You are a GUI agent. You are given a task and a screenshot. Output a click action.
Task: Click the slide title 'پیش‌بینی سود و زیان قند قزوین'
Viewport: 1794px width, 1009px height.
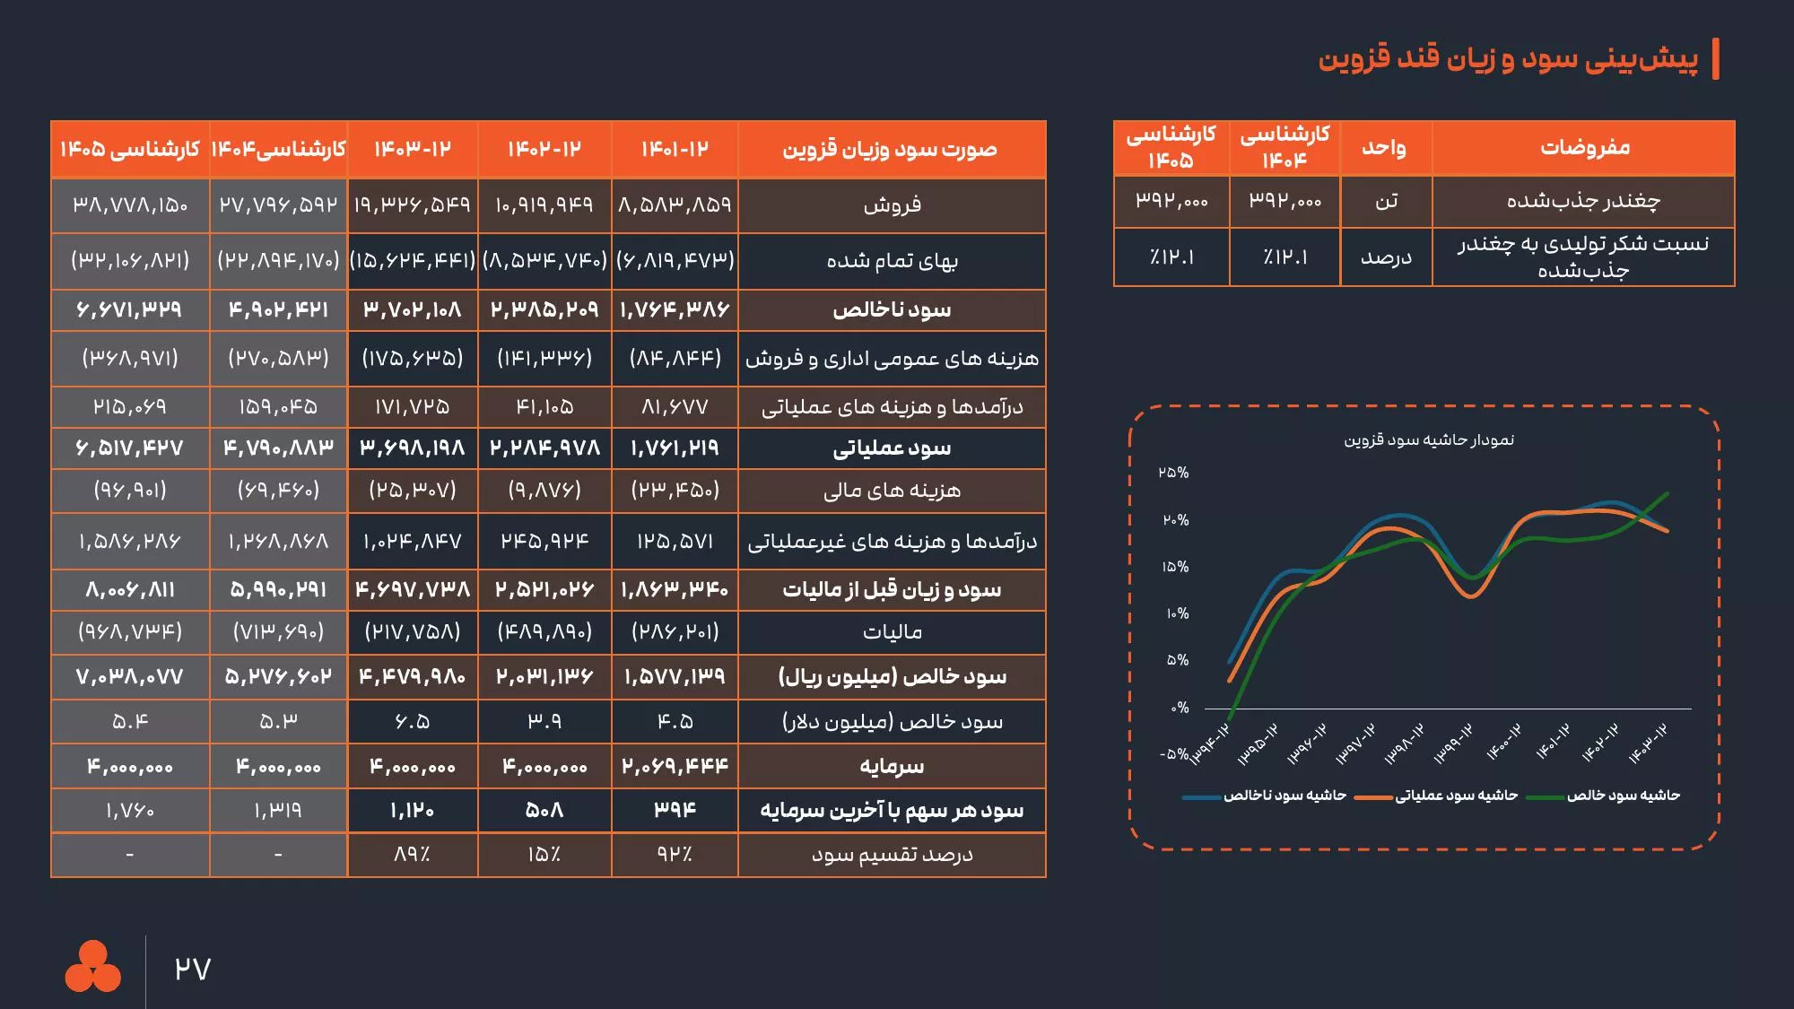tap(1507, 58)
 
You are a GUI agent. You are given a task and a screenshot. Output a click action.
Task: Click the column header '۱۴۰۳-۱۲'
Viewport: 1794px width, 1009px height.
tap(413, 149)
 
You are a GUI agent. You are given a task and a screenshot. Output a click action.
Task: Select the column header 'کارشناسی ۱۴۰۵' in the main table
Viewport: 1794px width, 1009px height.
tap(130, 149)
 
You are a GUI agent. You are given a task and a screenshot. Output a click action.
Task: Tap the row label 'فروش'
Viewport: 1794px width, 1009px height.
tap(892, 205)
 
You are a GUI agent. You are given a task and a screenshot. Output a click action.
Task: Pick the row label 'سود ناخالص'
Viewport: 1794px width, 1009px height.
tap(892, 310)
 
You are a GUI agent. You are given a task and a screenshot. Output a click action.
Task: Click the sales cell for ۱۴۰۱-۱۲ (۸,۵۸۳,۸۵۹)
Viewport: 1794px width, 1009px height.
tap(675, 205)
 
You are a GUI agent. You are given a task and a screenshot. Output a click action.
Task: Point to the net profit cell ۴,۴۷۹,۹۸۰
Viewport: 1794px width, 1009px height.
tap(413, 676)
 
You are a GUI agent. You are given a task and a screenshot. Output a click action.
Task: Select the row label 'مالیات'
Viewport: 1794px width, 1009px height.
tap(892, 632)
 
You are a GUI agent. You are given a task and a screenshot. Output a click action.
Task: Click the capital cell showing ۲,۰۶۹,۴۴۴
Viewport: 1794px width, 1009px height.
tap(675, 766)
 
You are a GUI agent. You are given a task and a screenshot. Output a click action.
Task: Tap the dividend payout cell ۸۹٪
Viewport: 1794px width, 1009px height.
tap(413, 855)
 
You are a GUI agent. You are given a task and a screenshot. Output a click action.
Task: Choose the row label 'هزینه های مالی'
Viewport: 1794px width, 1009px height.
tap(892, 491)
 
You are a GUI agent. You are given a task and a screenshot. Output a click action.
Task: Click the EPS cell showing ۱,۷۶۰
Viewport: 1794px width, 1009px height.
tap(130, 811)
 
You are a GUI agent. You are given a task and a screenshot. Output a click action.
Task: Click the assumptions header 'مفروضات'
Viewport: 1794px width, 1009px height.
tap(1584, 148)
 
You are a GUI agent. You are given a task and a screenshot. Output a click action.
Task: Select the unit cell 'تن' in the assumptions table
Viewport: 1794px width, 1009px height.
tap(1386, 202)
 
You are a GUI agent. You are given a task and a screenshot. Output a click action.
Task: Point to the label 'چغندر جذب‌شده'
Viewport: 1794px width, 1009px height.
tap(1583, 202)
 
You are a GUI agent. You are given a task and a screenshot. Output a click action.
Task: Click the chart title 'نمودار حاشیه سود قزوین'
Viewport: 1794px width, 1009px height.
tap(1428, 439)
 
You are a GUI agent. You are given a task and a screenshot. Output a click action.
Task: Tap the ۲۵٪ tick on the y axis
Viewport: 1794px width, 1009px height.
tap(1173, 473)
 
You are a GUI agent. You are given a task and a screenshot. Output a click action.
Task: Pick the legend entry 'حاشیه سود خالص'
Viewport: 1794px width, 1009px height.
tap(1623, 796)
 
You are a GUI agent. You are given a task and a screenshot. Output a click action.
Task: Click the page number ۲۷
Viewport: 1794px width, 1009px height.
tap(192, 970)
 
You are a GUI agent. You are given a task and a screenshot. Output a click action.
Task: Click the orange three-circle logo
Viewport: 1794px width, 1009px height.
tap(92, 967)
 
